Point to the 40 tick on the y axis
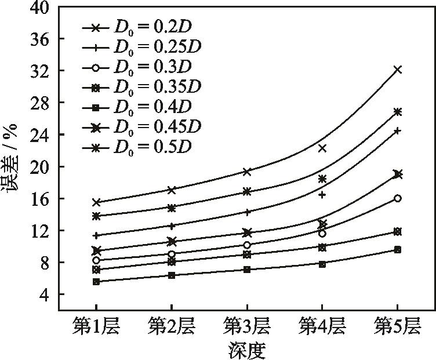coord(41,7)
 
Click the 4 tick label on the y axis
coord(44,294)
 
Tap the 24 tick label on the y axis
coord(41,134)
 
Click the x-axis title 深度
coord(247,350)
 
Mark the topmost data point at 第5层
coord(397,70)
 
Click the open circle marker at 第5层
coord(397,198)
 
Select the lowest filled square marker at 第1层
coord(96,282)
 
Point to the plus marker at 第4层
coord(322,195)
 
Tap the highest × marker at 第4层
coord(322,148)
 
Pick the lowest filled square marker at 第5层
coord(397,249)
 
